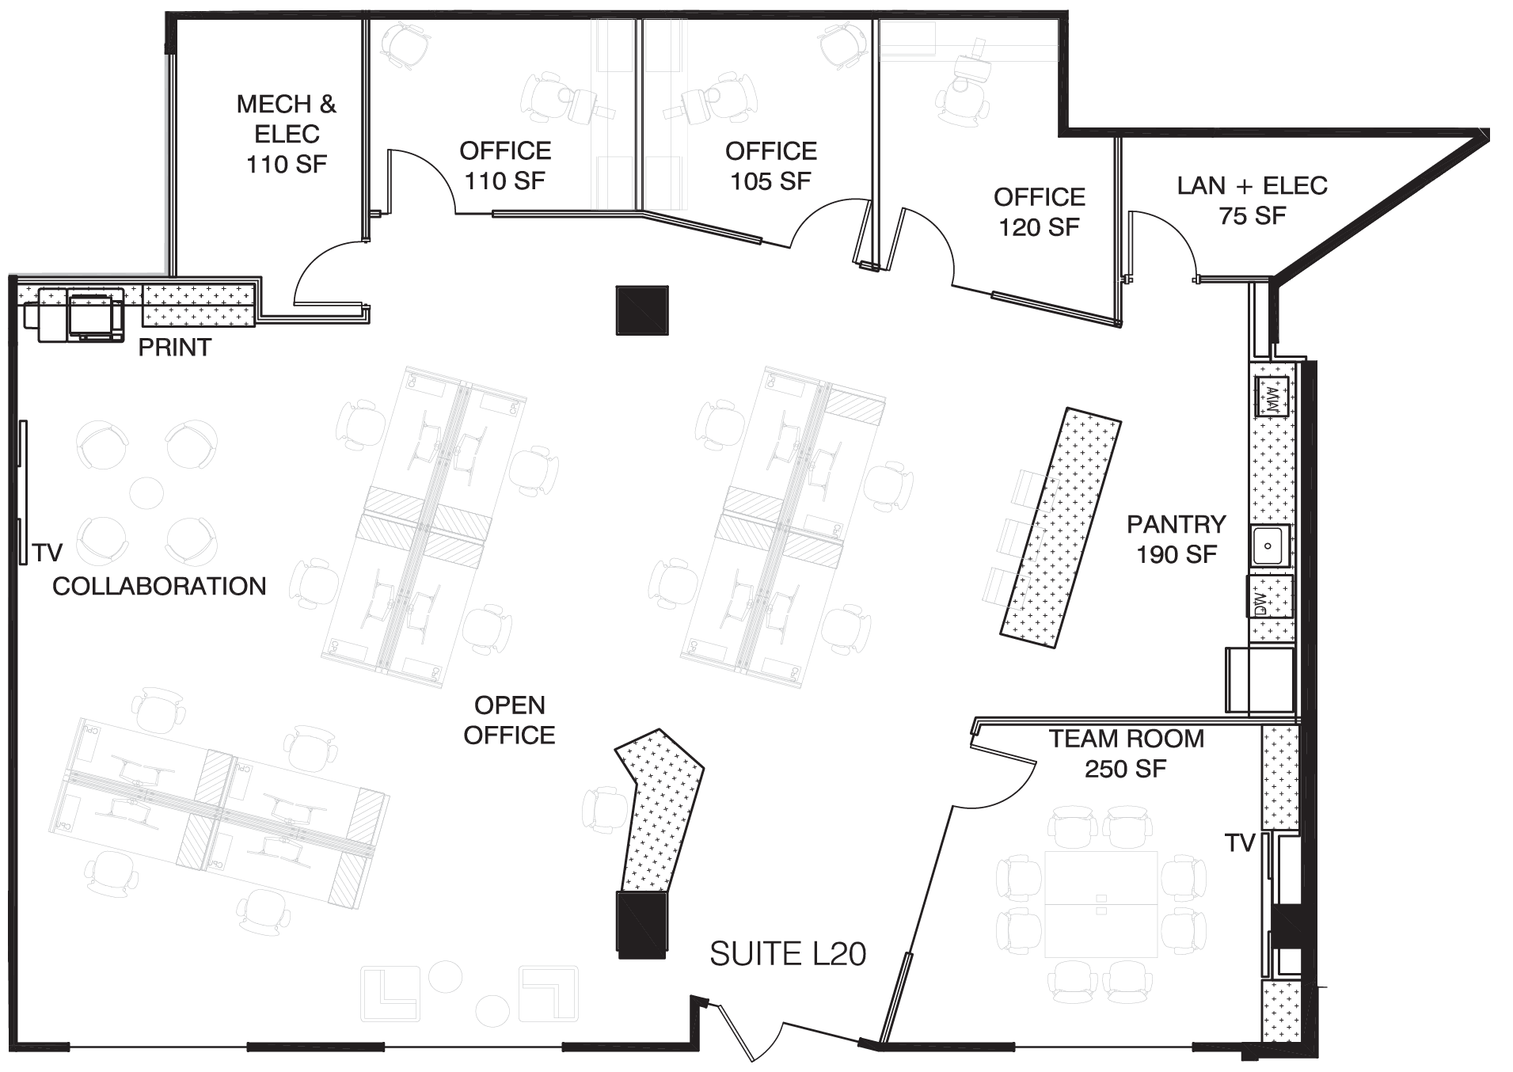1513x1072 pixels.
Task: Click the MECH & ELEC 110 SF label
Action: tap(286, 134)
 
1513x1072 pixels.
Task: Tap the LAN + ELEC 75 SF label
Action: tap(1252, 200)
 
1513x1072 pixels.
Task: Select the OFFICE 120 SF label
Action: tap(1039, 211)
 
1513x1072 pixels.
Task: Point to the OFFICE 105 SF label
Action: tap(770, 165)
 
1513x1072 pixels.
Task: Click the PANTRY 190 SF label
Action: tap(1177, 539)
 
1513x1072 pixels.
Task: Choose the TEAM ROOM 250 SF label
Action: tap(1126, 753)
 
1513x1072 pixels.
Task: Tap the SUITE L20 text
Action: tap(788, 954)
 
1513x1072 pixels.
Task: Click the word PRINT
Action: tap(175, 347)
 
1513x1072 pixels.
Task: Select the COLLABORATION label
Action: tap(159, 586)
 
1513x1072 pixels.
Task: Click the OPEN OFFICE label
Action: tap(509, 720)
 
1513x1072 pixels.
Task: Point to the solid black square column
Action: tap(642, 310)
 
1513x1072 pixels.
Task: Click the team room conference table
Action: tap(1101, 904)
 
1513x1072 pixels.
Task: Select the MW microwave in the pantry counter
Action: tap(1272, 397)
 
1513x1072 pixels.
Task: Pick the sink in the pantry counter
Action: tap(1270, 546)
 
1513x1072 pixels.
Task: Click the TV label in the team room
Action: tap(1240, 843)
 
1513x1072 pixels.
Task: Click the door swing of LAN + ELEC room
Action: tap(1164, 241)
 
